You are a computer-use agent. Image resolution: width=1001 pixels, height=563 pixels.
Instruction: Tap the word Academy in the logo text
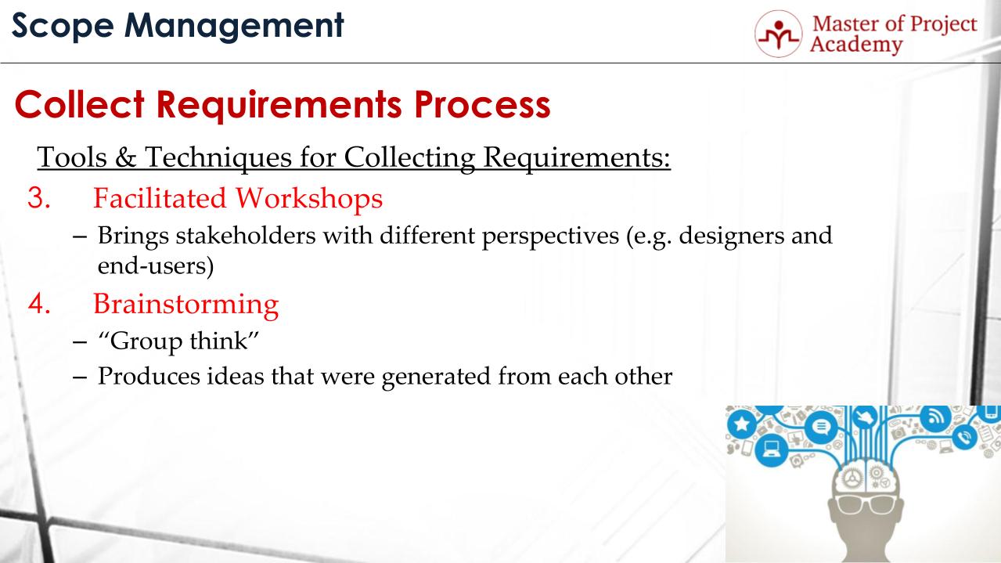click(x=855, y=45)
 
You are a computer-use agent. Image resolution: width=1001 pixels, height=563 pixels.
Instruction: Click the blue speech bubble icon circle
click(x=821, y=427)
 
